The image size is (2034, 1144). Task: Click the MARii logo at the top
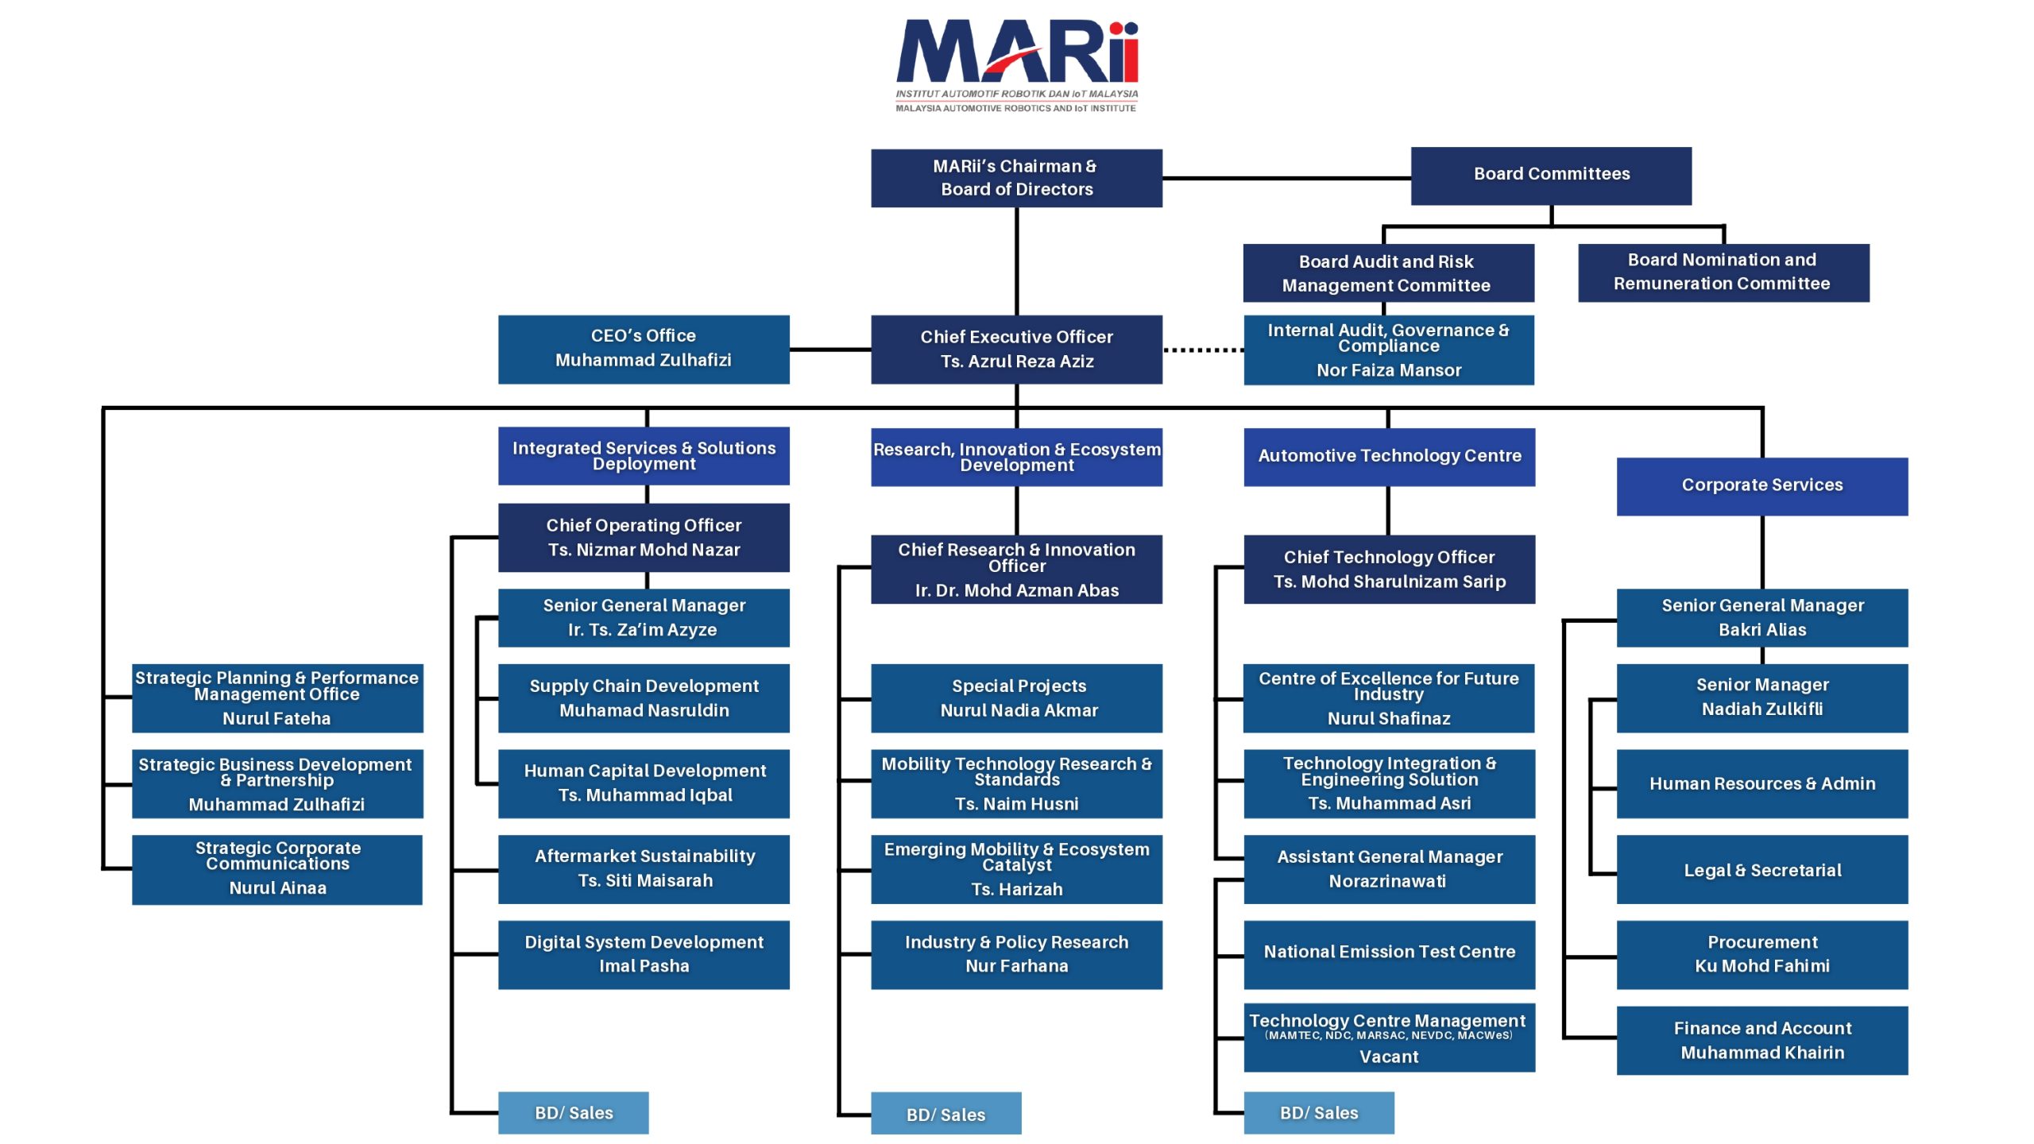pyautogui.click(x=1017, y=66)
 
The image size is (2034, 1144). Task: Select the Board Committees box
pyautogui.click(x=1551, y=176)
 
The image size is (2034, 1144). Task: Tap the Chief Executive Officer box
pyautogui.click(x=1016, y=350)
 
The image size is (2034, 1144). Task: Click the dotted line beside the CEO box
pyautogui.click(x=1203, y=350)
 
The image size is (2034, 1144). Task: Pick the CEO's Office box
pyautogui.click(x=644, y=350)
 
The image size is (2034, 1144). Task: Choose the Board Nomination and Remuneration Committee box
pyautogui.click(x=1723, y=272)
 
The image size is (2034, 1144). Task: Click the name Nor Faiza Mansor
pyautogui.click(x=1389, y=370)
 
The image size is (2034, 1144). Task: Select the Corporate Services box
pyautogui.click(x=1762, y=486)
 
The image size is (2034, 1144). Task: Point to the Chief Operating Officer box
pyautogui.click(x=644, y=538)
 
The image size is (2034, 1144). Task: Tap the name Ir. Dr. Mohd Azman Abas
pyautogui.click(x=1017, y=590)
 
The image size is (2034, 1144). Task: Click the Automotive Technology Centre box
pyautogui.click(x=1390, y=457)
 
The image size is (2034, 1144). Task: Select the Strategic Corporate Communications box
pyautogui.click(x=277, y=869)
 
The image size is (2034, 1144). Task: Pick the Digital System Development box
pyautogui.click(x=644, y=955)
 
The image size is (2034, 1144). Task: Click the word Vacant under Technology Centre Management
pyautogui.click(x=1389, y=1057)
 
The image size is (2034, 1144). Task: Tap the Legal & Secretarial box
pyautogui.click(x=1762, y=869)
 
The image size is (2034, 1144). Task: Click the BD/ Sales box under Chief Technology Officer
pyautogui.click(x=1319, y=1113)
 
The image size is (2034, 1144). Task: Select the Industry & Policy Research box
pyautogui.click(x=1016, y=955)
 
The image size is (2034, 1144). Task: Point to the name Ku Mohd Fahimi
pyautogui.click(x=1762, y=966)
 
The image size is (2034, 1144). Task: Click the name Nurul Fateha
pyautogui.click(x=276, y=719)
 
